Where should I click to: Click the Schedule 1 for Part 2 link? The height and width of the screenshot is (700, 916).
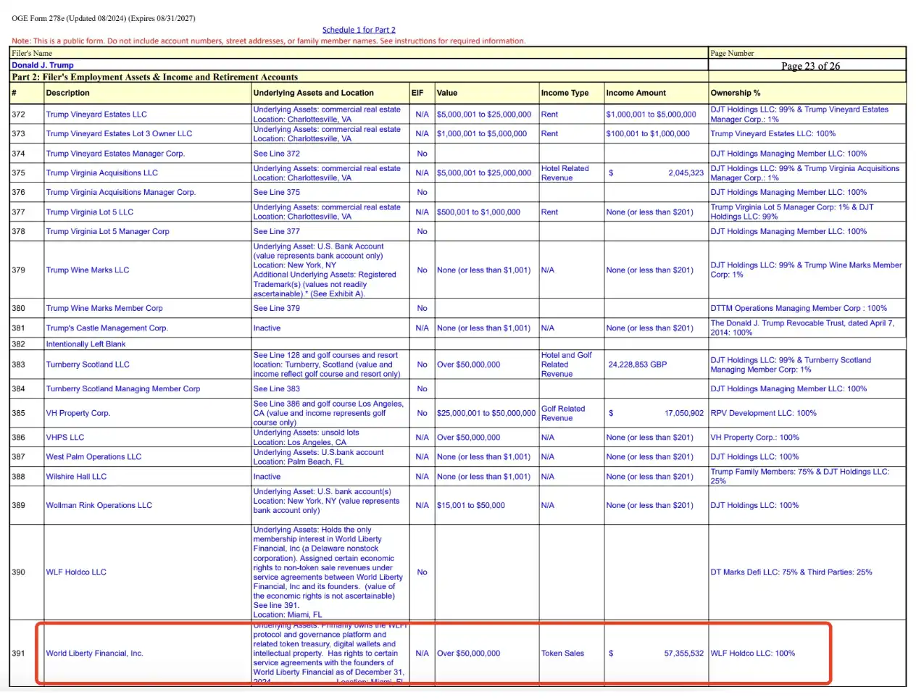359,30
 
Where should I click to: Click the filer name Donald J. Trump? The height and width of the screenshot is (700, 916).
43,65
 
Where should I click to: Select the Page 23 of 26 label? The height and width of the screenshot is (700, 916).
810,66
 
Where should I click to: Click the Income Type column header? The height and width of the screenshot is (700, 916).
565,93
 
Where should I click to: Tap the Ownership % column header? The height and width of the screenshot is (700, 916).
736,93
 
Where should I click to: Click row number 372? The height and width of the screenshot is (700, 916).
19,114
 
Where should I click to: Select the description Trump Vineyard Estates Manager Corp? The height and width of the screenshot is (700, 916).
115,154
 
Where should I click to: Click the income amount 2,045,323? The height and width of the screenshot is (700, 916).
686,173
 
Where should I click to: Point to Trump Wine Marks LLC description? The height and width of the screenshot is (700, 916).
88,270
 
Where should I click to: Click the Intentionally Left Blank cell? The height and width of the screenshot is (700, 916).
86,344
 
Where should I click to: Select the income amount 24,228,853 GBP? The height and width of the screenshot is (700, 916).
637,364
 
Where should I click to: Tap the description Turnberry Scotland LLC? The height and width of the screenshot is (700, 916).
88,364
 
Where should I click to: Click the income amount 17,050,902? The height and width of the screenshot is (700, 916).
683,413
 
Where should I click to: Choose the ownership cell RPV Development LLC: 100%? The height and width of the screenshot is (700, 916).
763,413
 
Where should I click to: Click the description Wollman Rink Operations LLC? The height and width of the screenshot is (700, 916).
99,506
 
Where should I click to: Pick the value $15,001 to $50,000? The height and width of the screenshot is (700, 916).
471,506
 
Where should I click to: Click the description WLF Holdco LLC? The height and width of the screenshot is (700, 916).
76,572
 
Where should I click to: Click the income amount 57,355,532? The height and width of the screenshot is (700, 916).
683,654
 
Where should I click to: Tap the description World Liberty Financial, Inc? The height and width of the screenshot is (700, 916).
94,654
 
